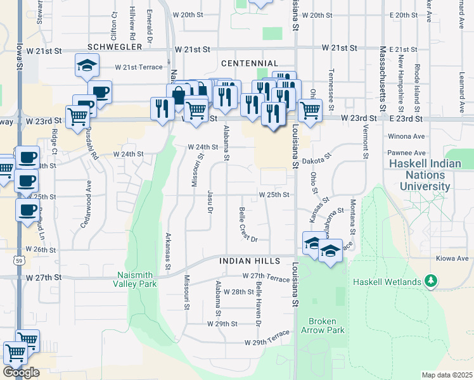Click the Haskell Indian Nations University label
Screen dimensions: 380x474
click(425, 175)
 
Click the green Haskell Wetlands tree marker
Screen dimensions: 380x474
click(431, 280)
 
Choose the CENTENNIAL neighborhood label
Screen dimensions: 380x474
click(250, 63)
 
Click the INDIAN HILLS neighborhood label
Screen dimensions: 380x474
click(250, 261)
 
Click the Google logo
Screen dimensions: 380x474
click(21, 372)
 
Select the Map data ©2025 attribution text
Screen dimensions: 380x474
click(447, 375)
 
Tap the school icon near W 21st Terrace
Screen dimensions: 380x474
click(86, 66)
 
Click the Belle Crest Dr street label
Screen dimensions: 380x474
click(248, 224)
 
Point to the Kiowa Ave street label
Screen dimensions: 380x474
click(452, 258)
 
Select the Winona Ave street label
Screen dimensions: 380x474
click(407, 136)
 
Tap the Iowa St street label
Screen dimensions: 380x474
click(20, 57)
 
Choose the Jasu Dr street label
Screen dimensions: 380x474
click(209, 201)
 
